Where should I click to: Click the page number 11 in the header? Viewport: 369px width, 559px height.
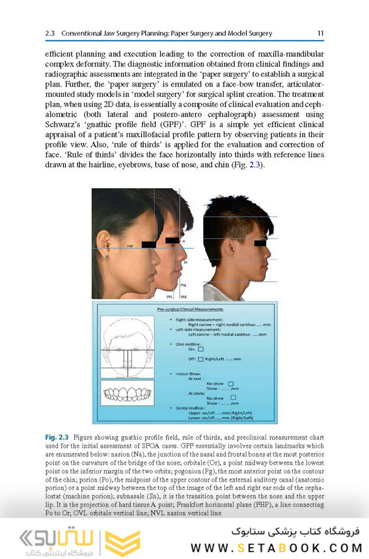(x=321, y=33)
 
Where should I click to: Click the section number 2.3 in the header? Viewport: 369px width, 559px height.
(x=52, y=33)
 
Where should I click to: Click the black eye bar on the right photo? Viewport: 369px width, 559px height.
(x=259, y=243)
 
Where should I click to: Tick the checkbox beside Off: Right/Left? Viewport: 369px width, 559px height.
(x=200, y=359)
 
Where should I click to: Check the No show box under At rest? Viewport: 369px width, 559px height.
(x=231, y=384)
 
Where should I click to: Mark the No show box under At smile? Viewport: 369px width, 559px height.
(x=233, y=398)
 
